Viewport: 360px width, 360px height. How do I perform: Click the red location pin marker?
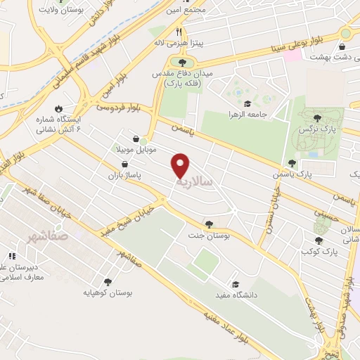[181, 165]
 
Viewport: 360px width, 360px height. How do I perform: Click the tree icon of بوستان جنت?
[209, 224]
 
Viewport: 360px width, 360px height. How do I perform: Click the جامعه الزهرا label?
[242, 113]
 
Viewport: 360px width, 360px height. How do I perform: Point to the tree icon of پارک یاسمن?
[292, 162]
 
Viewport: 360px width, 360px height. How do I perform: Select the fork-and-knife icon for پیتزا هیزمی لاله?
[179, 32]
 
